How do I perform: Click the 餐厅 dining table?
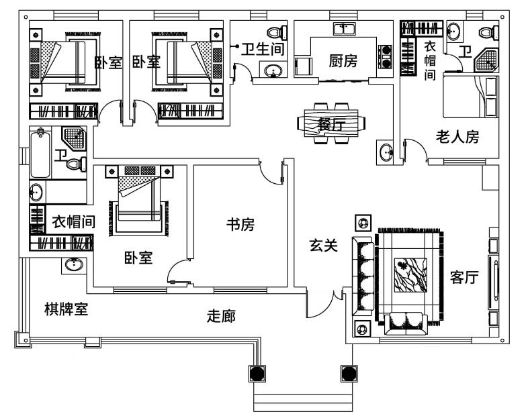click(x=332, y=123)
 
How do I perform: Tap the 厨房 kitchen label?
click(x=343, y=61)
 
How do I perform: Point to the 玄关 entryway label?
click(x=322, y=246)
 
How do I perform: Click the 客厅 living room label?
click(x=464, y=278)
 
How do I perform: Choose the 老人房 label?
click(x=457, y=138)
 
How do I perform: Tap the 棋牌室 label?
click(x=67, y=309)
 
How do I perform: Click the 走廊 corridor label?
click(x=221, y=315)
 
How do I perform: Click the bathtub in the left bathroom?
click(x=40, y=154)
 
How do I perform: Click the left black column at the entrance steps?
click(x=257, y=373)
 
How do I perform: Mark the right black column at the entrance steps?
click(x=348, y=373)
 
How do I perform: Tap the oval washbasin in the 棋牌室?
click(x=74, y=265)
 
